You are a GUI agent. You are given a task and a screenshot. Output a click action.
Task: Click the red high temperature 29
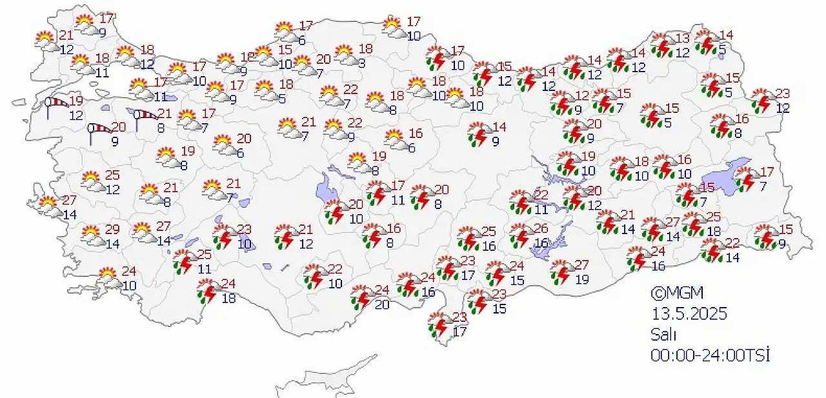coord(113,230)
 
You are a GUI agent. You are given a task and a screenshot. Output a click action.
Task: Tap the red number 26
coord(541,228)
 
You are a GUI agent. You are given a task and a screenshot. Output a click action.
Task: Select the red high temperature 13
coord(683,38)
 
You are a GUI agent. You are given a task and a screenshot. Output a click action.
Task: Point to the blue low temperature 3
coord(363,63)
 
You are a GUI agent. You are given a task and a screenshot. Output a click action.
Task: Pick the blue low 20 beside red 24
coord(382,304)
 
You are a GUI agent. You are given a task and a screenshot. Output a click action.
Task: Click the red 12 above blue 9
coord(582,95)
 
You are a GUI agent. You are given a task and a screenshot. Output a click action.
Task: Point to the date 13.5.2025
coord(689,314)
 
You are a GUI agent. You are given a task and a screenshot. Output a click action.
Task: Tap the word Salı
coord(663,334)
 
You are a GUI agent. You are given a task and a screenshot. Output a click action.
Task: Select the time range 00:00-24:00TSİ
coord(710,355)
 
